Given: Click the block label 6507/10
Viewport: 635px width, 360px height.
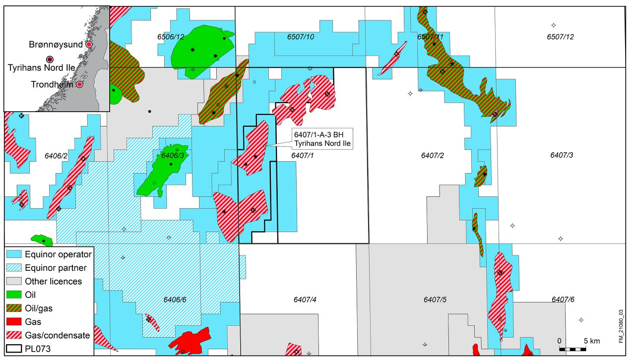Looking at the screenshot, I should pos(301,37).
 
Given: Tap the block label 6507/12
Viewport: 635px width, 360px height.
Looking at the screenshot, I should pos(561,37).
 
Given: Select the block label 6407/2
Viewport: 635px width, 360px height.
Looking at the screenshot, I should pos(432,156).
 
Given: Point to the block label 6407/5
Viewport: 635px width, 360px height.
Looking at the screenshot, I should pos(435,300).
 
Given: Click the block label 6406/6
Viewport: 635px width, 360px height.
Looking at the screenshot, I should pos(175,300).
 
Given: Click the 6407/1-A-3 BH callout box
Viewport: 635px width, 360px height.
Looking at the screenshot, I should pos(322,139).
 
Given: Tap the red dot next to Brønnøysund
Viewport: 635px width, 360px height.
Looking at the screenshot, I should pos(89,45).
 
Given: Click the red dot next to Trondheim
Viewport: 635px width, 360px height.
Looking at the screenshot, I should pos(79,85).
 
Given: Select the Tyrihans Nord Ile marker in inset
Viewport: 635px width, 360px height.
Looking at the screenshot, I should pos(50,60).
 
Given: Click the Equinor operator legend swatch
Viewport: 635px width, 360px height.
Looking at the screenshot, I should pos(14,255).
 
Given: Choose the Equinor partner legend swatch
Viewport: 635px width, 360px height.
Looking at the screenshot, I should pos(14,268).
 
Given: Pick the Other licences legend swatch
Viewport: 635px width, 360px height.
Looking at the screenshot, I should pos(14,282).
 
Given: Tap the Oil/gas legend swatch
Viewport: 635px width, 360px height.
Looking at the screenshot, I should pos(14,308).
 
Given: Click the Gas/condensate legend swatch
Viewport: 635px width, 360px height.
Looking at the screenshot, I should pos(14,335).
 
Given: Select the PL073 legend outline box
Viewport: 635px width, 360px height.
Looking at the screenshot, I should pos(14,349).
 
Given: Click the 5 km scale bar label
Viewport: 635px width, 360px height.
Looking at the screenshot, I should pos(591,341).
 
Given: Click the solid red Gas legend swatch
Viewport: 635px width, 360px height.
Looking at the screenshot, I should pos(14,322).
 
